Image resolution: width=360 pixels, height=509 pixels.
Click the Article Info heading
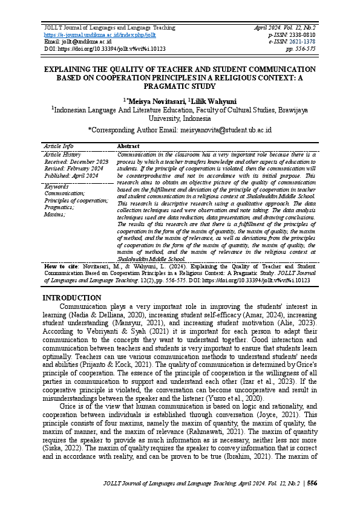[59, 146]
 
